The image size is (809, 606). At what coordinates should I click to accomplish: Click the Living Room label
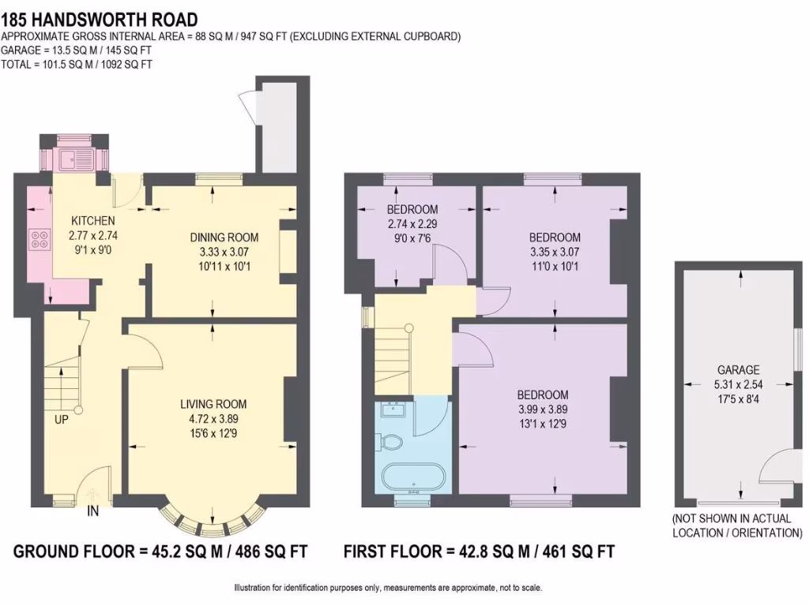[x=211, y=405]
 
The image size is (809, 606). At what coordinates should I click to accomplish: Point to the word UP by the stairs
[x=62, y=420]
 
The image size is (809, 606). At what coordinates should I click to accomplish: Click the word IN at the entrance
[x=92, y=512]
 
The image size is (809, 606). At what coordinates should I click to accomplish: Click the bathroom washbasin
[x=392, y=410]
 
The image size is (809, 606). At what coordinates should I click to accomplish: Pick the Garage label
[x=738, y=369]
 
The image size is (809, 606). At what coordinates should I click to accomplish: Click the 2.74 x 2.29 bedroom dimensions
[x=412, y=223]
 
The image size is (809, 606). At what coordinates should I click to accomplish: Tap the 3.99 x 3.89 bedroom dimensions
[x=543, y=409]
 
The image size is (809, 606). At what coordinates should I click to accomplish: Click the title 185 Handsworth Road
[x=100, y=19]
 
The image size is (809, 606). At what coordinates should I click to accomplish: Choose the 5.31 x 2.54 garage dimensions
[x=738, y=383]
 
